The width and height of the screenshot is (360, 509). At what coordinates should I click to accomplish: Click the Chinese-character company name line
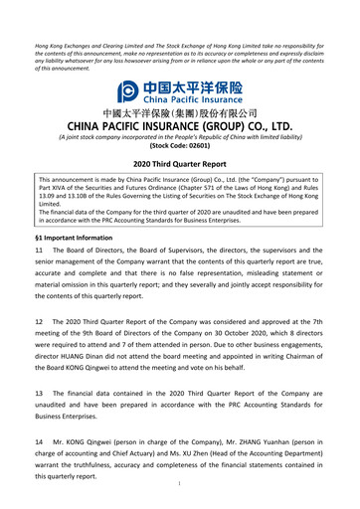(x=180, y=114)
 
